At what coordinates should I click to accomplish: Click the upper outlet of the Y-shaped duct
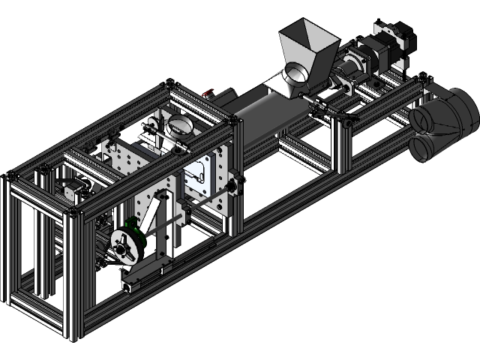(427, 118)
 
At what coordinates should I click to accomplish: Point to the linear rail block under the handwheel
(139, 281)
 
